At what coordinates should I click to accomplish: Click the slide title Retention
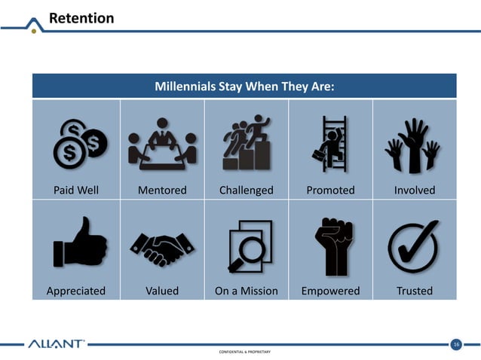pos(81,17)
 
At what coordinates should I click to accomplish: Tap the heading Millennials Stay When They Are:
pos(244,86)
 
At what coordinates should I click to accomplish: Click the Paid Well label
pos(75,190)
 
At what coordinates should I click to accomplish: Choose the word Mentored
pos(162,190)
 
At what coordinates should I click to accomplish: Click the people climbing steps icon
pos(247,142)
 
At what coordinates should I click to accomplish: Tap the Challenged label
pos(246,190)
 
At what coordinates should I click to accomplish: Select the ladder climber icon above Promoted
pos(331,142)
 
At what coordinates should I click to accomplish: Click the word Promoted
pos(330,190)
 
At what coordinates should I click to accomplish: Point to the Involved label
pos(415,190)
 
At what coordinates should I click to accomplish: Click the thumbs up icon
pos(79,243)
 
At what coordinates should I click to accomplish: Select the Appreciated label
pos(76,290)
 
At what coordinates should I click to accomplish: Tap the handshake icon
pos(162,248)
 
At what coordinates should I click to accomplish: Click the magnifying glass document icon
pos(250,245)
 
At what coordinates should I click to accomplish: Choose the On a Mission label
pos(247,290)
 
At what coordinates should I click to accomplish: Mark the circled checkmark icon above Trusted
pos(414,245)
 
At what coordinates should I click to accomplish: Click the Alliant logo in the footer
pos(57,345)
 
